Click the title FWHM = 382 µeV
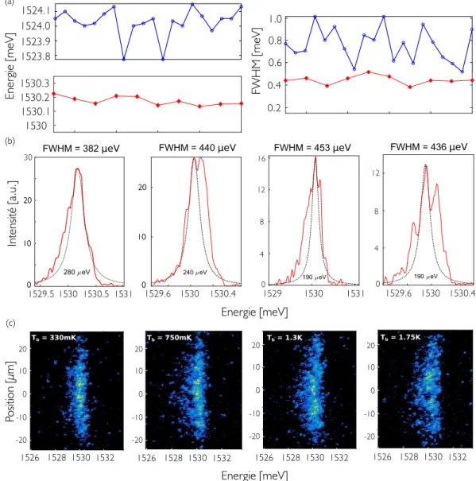click(81, 149)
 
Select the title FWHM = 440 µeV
click(197, 148)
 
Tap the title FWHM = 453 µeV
click(312, 148)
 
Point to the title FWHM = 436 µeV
click(429, 147)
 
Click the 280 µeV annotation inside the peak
click(76, 272)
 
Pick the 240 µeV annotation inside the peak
click(195, 272)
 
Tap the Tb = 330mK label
click(53, 338)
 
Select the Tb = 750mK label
click(169, 338)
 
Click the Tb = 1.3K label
click(284, 338)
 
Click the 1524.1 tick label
click(36, 11)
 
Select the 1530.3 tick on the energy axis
click(35, 83)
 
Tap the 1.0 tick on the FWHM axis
click(275, 19)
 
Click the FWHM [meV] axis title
click(257, 60)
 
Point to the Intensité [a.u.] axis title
click(12, 214)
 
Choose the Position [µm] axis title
click(10, 391)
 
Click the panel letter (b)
click(10, 142)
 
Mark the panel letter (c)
click(10, 323)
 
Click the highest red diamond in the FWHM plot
click(369, 72)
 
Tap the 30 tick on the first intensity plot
click(29, 157)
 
